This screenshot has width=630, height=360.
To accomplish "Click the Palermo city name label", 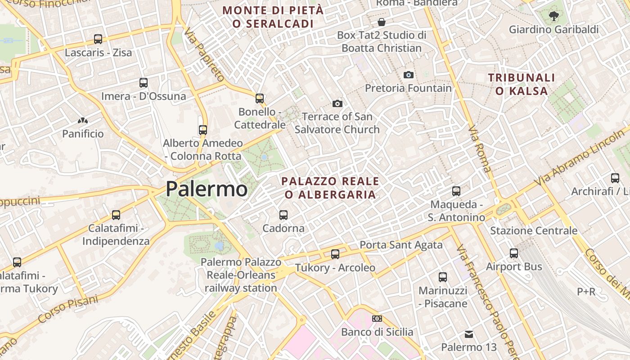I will (207, 189).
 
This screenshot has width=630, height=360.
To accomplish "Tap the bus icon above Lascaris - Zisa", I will (98, 39).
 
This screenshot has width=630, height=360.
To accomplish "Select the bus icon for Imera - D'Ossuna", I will (144, 83).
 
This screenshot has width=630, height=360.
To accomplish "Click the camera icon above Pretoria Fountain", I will (408, 75).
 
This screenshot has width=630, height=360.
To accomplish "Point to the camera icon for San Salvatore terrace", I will (337, 103).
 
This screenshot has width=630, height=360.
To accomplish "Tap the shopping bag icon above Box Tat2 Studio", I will (382, 22).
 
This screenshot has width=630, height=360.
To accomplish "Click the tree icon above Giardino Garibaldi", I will (553, 16).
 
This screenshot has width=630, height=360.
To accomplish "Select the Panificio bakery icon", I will (83, 121).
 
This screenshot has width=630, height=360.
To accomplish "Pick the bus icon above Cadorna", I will (283, 215).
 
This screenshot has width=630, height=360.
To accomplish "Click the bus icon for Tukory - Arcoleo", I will (335, 254).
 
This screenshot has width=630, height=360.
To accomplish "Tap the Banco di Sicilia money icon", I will (377, 319).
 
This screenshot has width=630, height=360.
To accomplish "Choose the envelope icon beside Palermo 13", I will (469, 334).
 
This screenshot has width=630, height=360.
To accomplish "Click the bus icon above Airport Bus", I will (514, 253).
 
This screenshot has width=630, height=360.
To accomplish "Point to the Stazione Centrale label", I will (534, 231).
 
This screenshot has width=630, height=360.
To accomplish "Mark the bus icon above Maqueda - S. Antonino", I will (456, 191).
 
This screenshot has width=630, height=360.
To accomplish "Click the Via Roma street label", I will (480, 150).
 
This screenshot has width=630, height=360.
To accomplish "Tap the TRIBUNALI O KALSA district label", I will (522, 84).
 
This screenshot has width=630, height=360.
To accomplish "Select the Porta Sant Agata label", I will (401, 245).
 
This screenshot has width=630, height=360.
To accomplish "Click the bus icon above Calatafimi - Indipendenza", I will (116, 215).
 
